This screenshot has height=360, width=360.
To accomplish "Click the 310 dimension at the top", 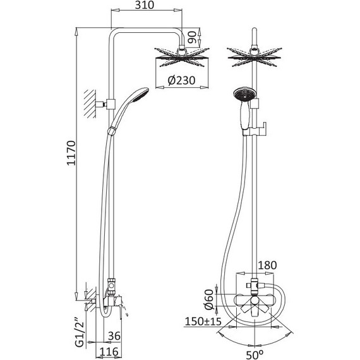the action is pos(145,5).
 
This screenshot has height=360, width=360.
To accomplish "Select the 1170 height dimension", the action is pos(71,153).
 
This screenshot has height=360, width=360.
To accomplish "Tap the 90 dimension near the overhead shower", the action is pos(193,37).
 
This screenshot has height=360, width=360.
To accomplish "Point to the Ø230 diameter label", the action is pos(181,80).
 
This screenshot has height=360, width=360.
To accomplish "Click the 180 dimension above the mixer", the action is pos(268,265).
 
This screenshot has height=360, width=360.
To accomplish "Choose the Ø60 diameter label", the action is pos(209,299).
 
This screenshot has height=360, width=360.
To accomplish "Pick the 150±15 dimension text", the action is pos(203,321).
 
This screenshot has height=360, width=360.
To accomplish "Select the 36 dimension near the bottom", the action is pos(114,336).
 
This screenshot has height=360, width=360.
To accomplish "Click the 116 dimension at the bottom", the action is pos(109,352).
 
